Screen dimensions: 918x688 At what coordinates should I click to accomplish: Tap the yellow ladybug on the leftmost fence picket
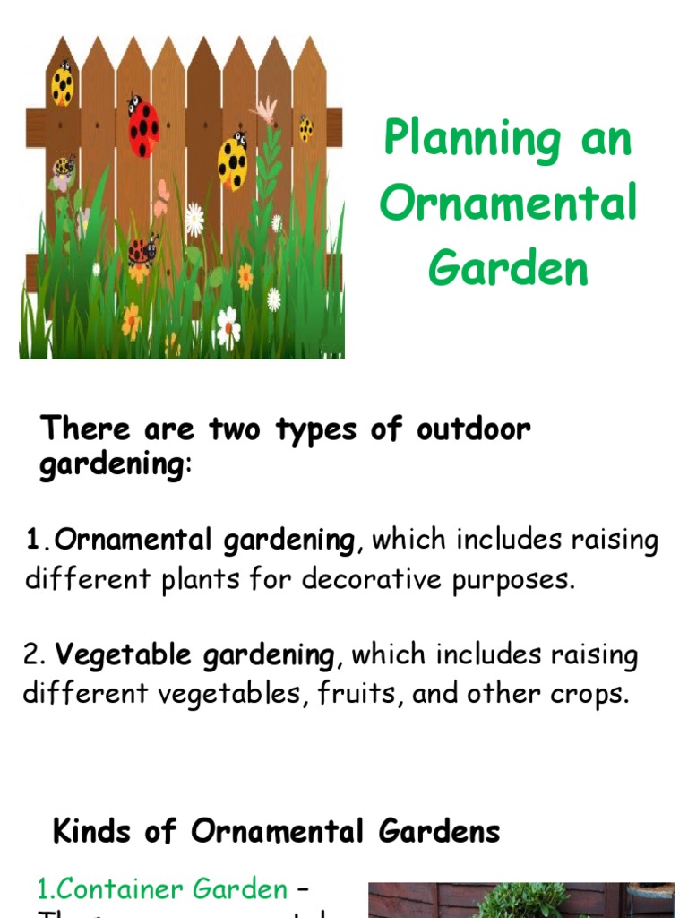[63, 85]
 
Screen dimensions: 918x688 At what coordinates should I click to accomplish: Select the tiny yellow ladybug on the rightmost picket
[305, 128]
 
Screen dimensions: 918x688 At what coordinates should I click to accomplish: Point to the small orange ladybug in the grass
[141, 251]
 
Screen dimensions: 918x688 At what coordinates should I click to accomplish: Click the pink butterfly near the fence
[161, 198]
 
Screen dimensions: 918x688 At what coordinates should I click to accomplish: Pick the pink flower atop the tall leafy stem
[264, 110]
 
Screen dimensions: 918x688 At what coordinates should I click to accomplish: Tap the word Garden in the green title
[508, 266]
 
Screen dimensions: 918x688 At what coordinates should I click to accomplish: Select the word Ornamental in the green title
[508, 203]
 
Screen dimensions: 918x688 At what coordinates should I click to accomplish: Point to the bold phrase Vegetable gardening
[194, 655]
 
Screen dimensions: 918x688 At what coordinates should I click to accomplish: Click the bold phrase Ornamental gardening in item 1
[205, 541]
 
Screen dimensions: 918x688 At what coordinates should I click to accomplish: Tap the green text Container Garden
[161, 888]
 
